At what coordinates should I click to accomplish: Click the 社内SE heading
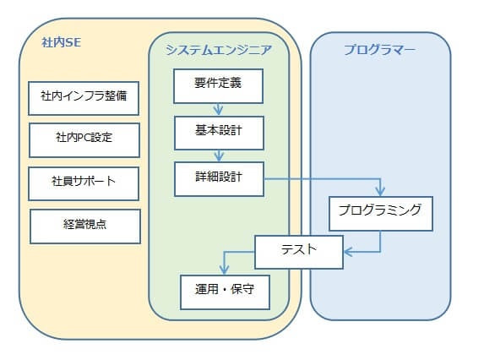(62, 42)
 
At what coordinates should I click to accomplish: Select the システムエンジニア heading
(219, 50)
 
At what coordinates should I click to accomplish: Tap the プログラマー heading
(379, 50)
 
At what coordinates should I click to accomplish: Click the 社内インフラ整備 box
(84, 99)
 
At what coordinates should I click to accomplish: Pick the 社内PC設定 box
(84, 140)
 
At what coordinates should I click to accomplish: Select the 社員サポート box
(84, 184)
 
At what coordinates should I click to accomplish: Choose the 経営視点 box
(85, 226)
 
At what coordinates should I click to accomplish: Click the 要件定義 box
(218, 86)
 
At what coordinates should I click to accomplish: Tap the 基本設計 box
(219, 133)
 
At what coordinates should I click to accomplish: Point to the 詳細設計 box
(219, 179)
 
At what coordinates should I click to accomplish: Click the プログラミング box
(381, 214)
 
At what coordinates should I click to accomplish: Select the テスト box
(299, 252)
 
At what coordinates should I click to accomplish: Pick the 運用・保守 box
(225, 292)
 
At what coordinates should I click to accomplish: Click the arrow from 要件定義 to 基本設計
(218, 109)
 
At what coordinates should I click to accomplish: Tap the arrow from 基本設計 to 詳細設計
(219, 156)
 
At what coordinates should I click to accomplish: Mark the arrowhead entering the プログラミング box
(380, 192)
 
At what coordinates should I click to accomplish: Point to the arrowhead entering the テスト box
(349, 252)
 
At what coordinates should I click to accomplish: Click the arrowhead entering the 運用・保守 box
(224, 270)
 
